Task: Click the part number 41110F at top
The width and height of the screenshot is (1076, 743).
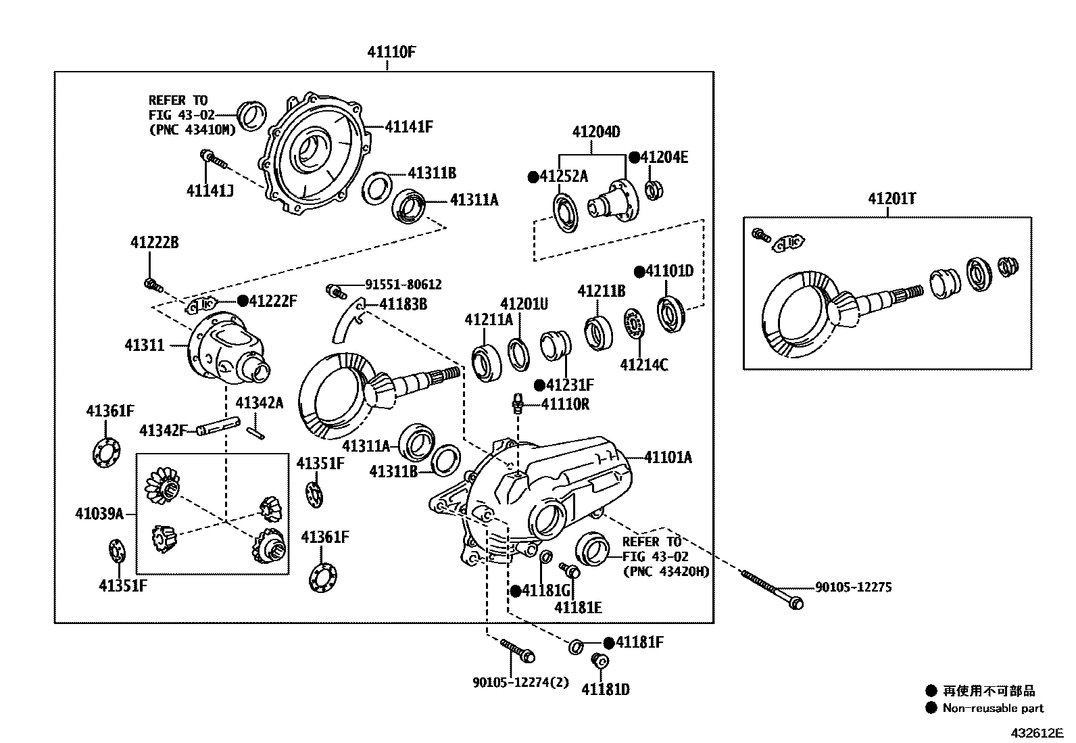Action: tap(391, 51)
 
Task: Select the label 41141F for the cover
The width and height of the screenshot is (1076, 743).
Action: tap(409, 126)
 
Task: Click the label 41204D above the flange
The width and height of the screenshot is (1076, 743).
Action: tap(596, 132)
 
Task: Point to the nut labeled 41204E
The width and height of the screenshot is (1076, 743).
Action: tap(653, 190)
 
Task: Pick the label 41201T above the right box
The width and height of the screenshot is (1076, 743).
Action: tap(892, 199)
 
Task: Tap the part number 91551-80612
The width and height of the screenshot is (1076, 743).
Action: tap(403, 285)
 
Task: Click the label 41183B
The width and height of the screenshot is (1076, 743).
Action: tap(403, 304)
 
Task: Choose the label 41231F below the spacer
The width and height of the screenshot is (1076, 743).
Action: tap(570, 385)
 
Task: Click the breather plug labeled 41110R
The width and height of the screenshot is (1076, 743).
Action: tap(518, 403)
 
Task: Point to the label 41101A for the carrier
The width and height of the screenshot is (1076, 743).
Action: tap(668, 458)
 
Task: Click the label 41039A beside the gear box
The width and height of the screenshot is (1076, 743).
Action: tap(99, 514)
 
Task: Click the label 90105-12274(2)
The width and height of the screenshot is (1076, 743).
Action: tap(520, 683)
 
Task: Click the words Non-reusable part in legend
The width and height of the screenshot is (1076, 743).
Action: tap(993, 709)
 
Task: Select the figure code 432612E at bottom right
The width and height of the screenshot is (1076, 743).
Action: tap(1037, 732)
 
